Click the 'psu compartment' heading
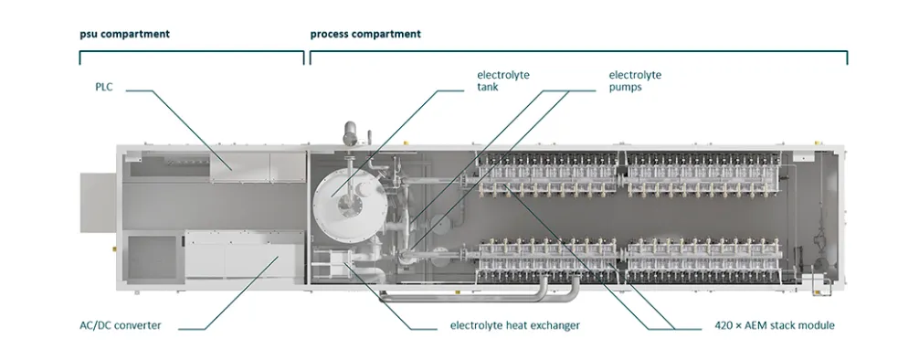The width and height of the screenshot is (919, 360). point(125,34)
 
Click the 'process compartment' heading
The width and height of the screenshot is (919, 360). point(365,34)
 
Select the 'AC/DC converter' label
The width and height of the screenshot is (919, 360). point(121,324)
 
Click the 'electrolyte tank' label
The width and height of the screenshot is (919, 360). point(502,81)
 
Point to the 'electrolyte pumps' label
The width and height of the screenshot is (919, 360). point(635,81)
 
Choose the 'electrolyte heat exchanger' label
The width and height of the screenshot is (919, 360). point(514,324)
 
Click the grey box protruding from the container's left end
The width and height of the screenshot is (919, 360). point(98,203)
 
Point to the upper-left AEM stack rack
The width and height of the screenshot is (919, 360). point(548,174)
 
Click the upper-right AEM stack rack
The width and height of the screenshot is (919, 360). point(702,174)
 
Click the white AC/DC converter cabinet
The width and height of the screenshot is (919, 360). point(241,255)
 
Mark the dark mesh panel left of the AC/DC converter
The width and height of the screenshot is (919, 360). point(153,257)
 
